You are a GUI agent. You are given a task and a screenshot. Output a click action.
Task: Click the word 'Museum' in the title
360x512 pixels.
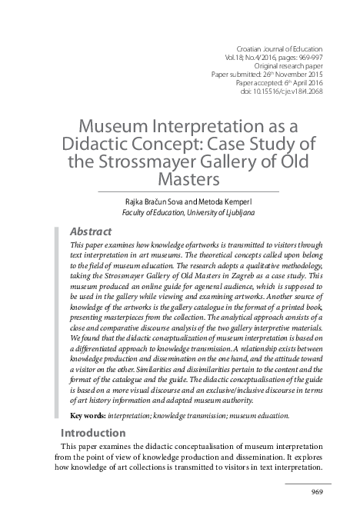click(x=111, y=126)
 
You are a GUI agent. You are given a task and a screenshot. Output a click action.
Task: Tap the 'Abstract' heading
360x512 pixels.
click(x=92, y=231)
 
